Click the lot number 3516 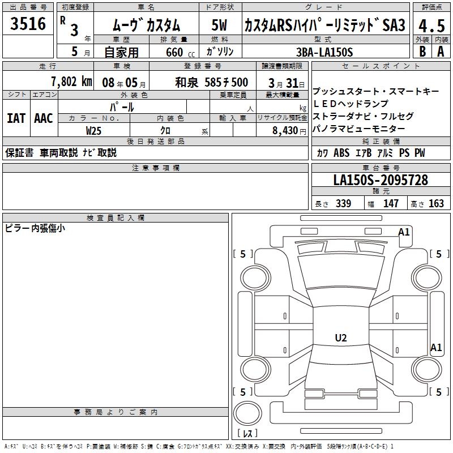[28, 23]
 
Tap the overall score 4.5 [431, 25]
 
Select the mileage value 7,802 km [71, 82]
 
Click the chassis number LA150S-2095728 [381, 180]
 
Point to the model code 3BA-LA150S [324, 52]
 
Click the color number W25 [93, 131]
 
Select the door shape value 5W [219, 25]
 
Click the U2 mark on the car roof [341, 337]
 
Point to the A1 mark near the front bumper [404, 232]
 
